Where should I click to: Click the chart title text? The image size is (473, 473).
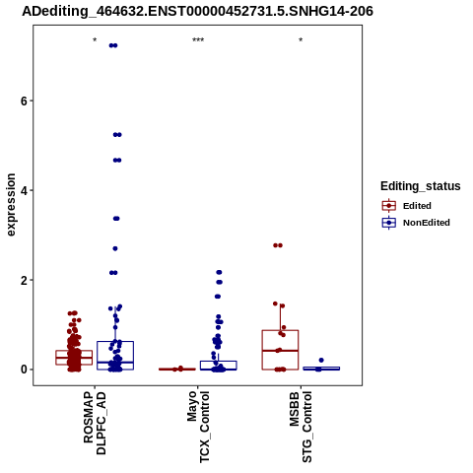point(197,11)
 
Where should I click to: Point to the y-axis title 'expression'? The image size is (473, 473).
point(11,205)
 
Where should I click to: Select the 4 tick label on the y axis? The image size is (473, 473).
point(24,190)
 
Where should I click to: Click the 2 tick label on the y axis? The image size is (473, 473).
point(24,280)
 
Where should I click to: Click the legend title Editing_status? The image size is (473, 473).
point(421,186)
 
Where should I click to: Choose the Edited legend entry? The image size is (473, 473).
point(407,206)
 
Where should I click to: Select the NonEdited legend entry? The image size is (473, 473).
point(416,223)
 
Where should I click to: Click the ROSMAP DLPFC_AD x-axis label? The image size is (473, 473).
point(95,423)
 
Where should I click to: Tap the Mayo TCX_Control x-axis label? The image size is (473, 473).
point(198,427)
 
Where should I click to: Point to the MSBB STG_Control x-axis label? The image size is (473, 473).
point(301,427)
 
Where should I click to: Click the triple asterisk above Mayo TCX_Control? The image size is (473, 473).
point(198,40)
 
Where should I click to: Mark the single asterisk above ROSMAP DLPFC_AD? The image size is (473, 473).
point(95,40)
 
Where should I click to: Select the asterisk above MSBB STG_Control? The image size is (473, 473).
point(301,40)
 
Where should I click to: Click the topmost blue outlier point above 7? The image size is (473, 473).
point(113,45)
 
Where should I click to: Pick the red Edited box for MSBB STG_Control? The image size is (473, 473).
point(280,350)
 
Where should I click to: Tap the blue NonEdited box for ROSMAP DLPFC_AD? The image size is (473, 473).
point(115,356)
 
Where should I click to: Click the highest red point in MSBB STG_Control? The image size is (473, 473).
point(278,245)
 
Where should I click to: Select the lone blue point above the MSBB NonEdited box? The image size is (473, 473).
point(321,361)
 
